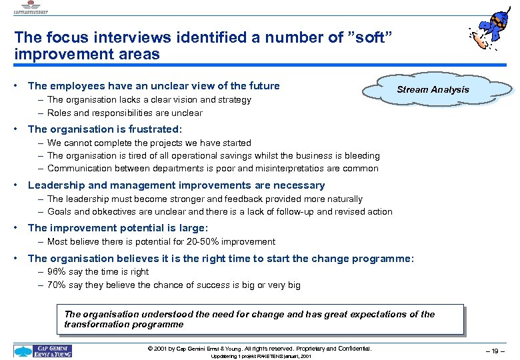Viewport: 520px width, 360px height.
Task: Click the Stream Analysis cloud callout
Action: [x=433, y=89]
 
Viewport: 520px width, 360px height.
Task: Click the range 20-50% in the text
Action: [x=195, y=241]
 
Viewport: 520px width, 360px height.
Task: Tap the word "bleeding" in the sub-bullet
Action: [x=361, y=155]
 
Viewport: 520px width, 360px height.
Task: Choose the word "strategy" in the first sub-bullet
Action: [x=233, y=99]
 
